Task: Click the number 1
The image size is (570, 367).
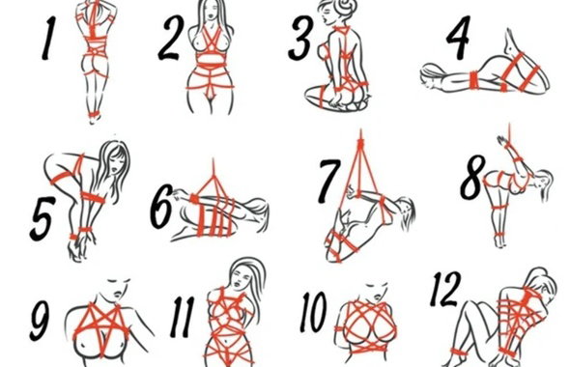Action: point(47,38)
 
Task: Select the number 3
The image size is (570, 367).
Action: point(300,39)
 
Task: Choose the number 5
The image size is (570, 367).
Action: point(42,218)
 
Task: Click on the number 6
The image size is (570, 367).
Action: point(162,207)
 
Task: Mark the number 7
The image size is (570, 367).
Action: point(329,181)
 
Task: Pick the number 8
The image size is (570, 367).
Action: point(472,178)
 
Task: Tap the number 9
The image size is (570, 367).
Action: point(41,319)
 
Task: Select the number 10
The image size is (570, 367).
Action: point(313,312)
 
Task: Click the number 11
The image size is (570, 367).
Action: point(183,317)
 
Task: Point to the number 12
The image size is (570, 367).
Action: point(445,290)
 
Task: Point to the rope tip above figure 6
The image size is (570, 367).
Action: point(214,161)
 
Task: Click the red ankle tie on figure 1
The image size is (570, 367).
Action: point(94,115)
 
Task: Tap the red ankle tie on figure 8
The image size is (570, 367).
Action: point(499,234)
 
